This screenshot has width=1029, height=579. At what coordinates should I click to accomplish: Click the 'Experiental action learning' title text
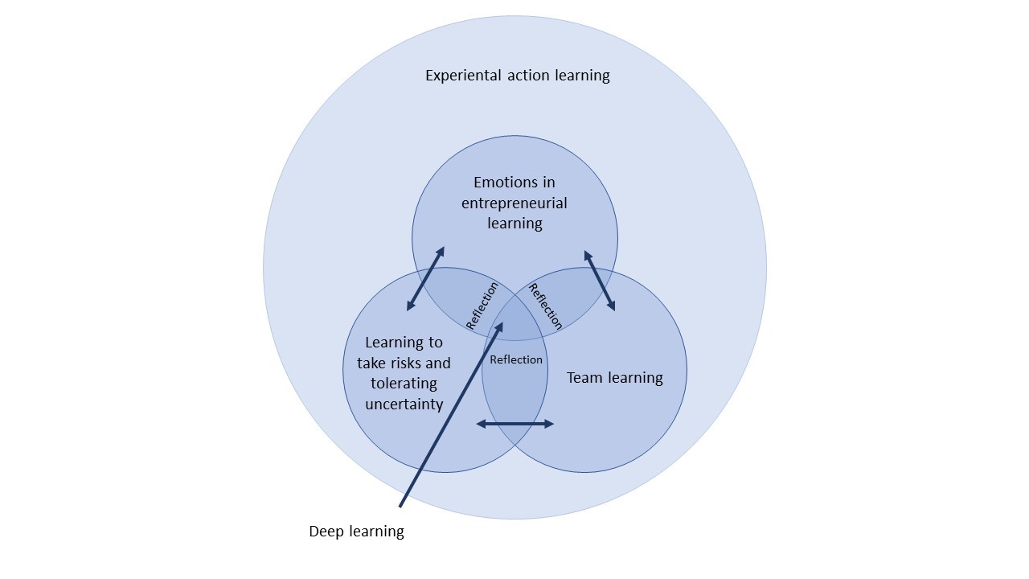pos(517,76)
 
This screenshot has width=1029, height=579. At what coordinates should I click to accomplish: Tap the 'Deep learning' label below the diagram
pos(356,532)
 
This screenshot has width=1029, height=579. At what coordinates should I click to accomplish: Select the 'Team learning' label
pos(614,378)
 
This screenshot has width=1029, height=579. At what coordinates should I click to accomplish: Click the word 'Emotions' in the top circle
pos(514,183)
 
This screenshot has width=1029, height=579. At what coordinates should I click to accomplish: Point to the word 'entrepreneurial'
pos(514,203)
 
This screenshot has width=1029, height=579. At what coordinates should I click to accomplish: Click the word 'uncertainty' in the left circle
pos(404,404)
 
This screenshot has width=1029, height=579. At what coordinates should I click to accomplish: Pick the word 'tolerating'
pos(404,384)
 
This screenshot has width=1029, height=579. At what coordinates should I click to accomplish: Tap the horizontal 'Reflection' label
pos(516,359)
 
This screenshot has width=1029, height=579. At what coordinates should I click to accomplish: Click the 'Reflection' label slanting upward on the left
pos(482,306)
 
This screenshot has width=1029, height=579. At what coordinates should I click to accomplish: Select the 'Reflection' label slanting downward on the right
pos(545,306)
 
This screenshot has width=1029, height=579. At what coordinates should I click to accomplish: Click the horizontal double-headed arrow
pos(514,424)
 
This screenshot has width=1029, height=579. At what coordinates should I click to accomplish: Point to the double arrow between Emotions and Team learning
pos(600,281)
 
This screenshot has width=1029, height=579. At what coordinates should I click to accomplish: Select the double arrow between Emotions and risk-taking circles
pos(425,278)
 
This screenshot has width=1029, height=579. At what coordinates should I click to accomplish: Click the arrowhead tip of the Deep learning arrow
pos(502,323)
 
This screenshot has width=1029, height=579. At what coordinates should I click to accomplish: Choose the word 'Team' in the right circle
pos(584,378)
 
